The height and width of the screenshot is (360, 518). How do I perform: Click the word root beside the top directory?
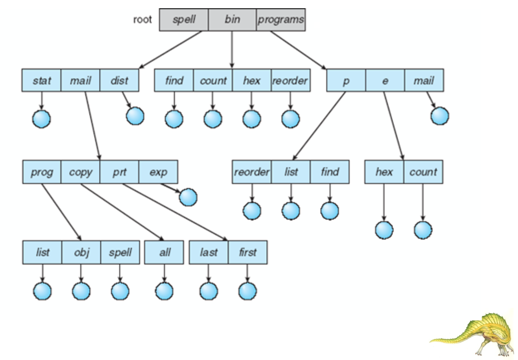tap(142, 20)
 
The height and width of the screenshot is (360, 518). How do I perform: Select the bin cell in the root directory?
tap(232, 20)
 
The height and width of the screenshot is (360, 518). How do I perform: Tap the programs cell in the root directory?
tap(281, 20)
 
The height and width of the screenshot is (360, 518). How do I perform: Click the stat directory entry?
tap(41, 81)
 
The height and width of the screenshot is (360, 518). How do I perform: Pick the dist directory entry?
tap(119, 81)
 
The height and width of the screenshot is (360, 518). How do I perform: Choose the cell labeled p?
tap(346, 81)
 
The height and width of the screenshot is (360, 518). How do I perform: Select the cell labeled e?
tap(385, 81)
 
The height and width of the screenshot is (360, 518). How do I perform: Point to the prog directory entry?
tap(42, 172)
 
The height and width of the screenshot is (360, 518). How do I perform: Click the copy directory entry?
tap(80, 172)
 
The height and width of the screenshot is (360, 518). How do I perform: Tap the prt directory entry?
tap(119, 172)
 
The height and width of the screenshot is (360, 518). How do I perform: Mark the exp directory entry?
tap(158, 172)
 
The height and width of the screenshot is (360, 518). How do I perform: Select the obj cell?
tap(81, 252)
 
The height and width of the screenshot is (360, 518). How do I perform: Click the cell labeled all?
tap(164, 252)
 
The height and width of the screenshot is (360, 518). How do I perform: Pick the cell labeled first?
tap(248, 252)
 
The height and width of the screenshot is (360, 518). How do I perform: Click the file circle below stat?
tap(41, 119)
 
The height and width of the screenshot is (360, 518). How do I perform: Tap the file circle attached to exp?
tap(188, 197)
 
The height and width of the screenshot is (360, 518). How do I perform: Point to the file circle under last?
tap(209, 291)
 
